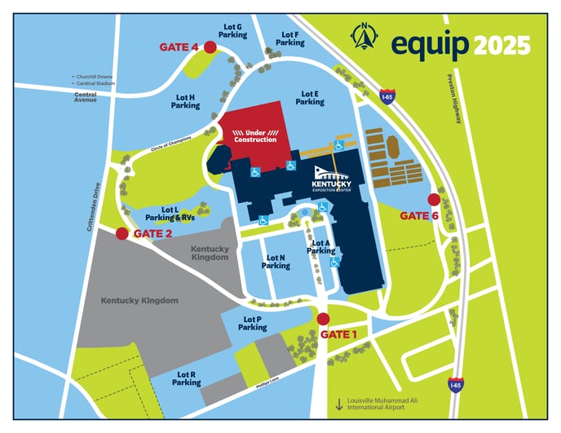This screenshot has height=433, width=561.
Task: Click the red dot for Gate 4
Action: (x=210, y=48)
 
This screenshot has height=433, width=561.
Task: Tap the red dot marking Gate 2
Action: (x=122, y=234)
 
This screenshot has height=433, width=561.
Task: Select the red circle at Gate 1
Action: (x=323, y=319)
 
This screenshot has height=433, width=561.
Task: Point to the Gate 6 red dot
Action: (x=434, y=199)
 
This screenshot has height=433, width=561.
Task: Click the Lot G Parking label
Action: (x=233, y=31)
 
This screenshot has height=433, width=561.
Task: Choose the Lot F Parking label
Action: (x=290, y=38)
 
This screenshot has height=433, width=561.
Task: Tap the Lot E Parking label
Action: (x=310, y=98)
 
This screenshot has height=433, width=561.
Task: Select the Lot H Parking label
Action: (x=186, y=101)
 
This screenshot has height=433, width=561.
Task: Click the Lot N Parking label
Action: (x=276, y=262)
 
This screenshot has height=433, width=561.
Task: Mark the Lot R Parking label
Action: (x=186, y=378)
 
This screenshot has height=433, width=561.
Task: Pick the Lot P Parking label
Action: (x=253, y=323)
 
